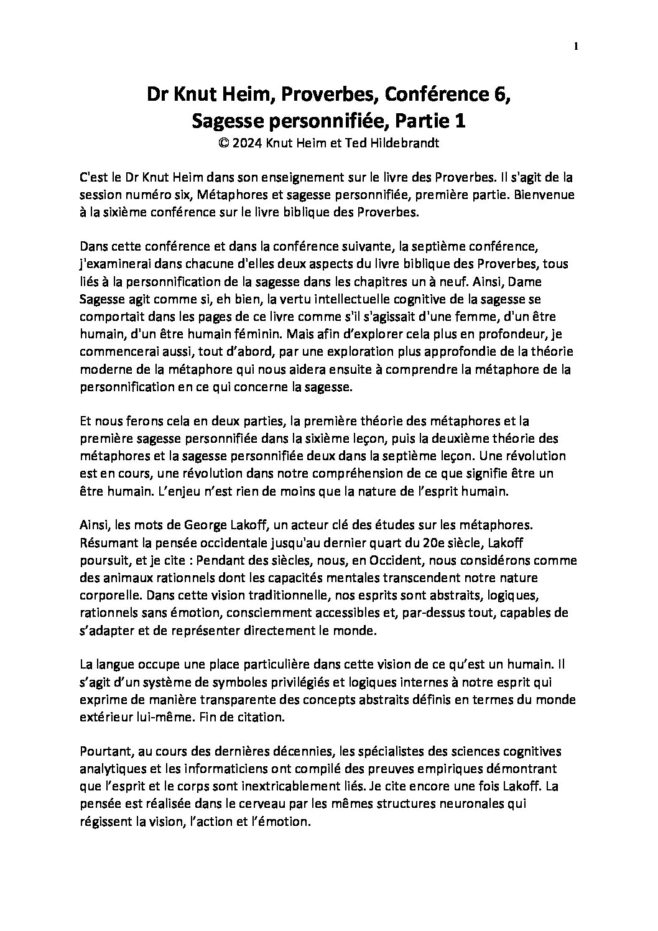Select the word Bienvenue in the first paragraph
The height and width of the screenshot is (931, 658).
click(550, 195)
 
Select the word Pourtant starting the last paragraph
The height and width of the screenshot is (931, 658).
click(104, 752)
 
